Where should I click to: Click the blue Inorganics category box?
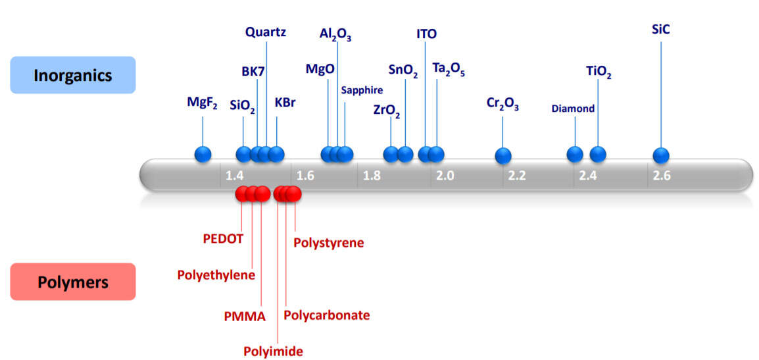(72, 75)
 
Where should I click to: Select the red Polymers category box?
(72, 282)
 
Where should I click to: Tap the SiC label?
(661, 30)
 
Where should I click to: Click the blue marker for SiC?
(661, 155)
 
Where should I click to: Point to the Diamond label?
(573, 109)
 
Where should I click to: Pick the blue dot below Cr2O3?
(503, 156)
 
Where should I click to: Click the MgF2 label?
(203, 103)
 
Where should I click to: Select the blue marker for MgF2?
(203, 155)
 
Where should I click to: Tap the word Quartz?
(266, 33)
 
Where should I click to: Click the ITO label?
(426, 34)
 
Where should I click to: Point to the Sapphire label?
(362, 90)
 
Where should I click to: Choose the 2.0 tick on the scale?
(445, 176)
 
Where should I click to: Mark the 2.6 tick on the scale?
(661, 176)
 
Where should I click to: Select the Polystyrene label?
(329, 242)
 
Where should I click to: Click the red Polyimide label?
(273, 351)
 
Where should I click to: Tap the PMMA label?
(245, 317)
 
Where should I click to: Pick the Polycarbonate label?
(327, 315)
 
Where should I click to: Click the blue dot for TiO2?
(598, 155)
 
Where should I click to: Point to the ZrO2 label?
(387, 110)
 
